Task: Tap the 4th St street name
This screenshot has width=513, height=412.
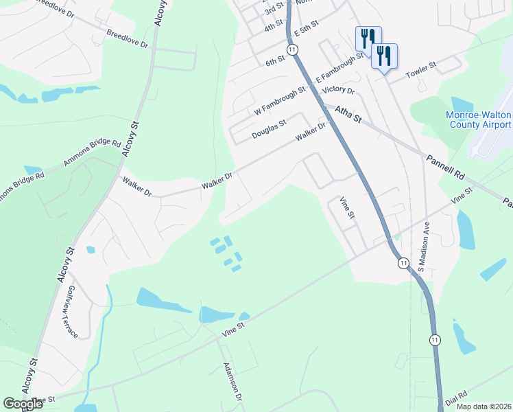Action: tap(274, 26)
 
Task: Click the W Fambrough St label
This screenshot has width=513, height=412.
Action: tap(279, 100)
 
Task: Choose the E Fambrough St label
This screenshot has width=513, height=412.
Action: tap(339, 67)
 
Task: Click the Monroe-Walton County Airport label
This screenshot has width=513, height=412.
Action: tap(479, 119)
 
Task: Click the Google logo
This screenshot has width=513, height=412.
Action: tap(23, 404)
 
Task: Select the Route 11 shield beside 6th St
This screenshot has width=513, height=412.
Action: tap(293, 50)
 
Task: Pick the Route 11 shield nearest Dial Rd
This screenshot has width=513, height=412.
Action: tap(435, 340)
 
